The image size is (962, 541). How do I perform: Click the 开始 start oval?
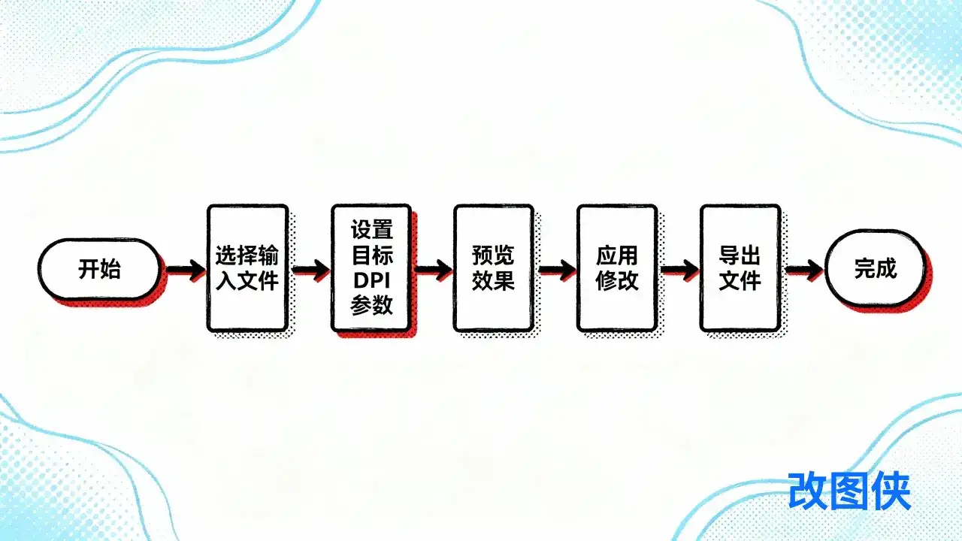tap(99, 269)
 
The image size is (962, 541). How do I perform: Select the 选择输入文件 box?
tap(247, 268)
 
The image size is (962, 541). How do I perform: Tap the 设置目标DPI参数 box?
tap(371, 268)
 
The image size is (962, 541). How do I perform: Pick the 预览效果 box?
tap(493, 268)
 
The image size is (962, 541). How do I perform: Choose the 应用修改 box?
tap(617, 268)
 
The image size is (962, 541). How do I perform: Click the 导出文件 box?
tap(740, 268)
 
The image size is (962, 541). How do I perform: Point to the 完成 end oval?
tap(875, 268)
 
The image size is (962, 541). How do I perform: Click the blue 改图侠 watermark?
tap(849, 492)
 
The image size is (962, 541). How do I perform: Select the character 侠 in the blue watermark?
tap(891, 492)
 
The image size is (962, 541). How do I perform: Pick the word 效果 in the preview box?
tap(493, 281)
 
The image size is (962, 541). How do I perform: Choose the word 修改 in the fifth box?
tap(617, 281)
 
